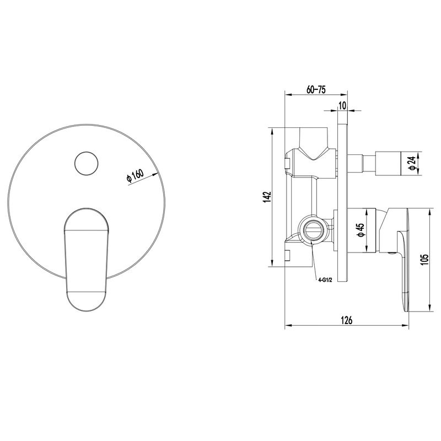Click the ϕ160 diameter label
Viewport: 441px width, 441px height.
135,176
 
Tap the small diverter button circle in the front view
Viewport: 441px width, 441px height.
87,164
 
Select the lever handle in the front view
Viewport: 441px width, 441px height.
87,260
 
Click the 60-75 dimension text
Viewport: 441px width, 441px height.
316,90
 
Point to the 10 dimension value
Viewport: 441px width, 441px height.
342,106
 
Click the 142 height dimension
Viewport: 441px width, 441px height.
267,197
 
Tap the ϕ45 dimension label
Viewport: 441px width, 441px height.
361,230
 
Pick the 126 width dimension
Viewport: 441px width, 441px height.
347,320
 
